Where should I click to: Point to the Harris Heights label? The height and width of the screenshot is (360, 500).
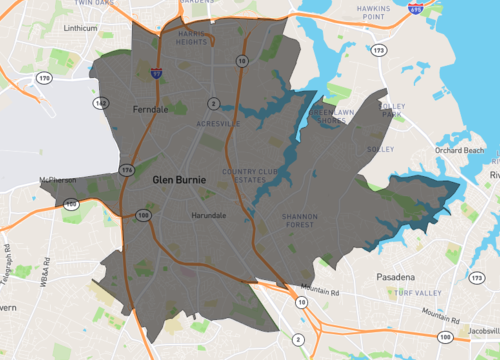click(x=191, y=38)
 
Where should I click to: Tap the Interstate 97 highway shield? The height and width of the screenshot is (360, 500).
click(x=157, y=73)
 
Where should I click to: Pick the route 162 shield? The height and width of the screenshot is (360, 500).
click(x=100, y=102)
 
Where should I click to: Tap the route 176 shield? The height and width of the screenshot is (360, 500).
click(x=126, y=171)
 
